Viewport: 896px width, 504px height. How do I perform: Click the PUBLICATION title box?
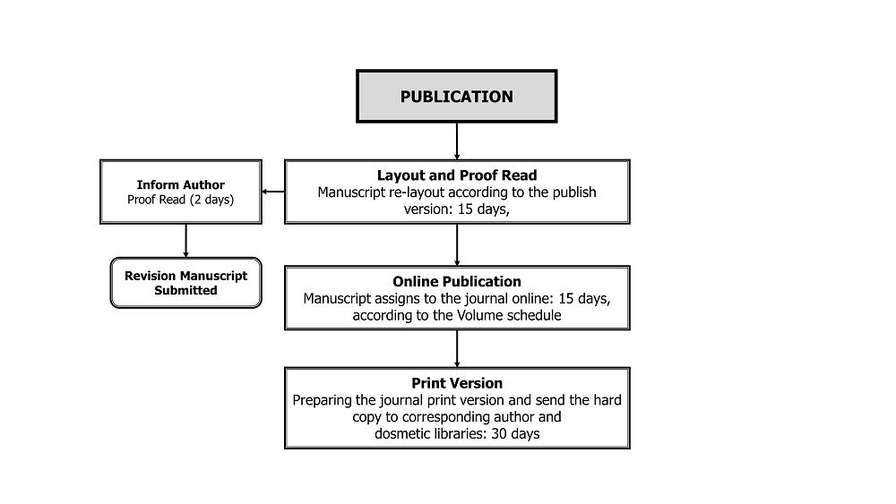[x=457, y=96]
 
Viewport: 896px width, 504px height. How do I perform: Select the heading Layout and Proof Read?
[x=457, y=175]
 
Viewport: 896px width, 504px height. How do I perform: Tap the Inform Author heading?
[x=181, y=185]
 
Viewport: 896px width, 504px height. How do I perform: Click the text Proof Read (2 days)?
[x=181, y=200]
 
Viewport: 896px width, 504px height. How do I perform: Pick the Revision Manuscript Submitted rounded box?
[x=185, y=283]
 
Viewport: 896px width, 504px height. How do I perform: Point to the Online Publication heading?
[x=457, y=281]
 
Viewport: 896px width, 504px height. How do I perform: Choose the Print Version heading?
[x=457, y=383]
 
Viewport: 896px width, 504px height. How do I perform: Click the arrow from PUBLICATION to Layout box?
[x=457, y=141]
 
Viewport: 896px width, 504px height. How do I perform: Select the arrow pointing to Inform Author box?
[x=273, y=192]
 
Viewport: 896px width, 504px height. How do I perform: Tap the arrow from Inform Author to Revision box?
[x=185, y=240]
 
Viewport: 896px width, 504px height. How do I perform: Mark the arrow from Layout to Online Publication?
[x=457, y=245]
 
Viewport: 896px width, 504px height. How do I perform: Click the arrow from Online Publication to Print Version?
[x=457, y=349]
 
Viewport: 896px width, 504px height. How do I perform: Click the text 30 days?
[x=515, y=434]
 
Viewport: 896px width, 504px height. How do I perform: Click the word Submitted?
[x=185, y=291]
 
